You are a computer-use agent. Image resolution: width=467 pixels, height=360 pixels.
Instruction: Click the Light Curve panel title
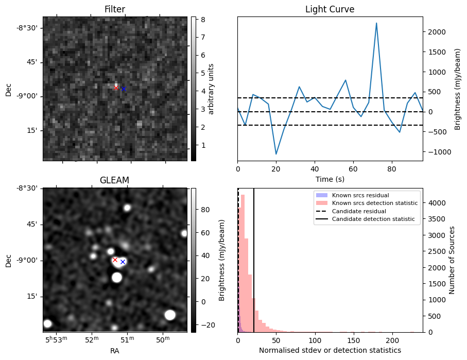pos(330,9)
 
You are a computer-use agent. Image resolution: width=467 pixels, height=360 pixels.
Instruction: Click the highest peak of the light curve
pos(376,23)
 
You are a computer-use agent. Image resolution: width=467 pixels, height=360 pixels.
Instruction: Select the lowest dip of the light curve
pos(276,154)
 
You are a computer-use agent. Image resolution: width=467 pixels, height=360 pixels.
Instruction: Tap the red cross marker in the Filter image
pos(116,88)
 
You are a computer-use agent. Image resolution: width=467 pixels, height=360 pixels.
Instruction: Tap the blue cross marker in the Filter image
pos(124,89)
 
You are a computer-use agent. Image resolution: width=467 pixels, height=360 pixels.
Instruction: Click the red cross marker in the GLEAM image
pos(115,260)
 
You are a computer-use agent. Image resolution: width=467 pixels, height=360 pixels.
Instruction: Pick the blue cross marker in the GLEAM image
pos(123,262)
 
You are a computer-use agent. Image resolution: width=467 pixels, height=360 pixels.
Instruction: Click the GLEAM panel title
pos(114,180)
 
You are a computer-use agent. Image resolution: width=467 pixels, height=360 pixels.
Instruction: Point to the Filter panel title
pos(114,9)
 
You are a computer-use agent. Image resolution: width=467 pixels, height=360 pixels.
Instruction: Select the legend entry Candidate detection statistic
pos(373,219)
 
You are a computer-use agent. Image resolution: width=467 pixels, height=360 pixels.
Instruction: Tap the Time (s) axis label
pos(330,179)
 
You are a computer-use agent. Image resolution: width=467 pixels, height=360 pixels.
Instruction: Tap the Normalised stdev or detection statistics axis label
pos(330,350)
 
